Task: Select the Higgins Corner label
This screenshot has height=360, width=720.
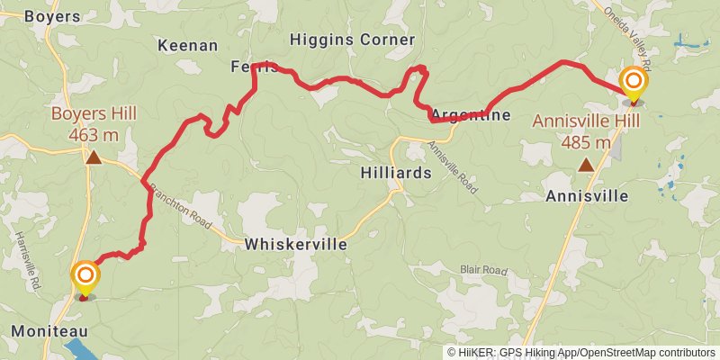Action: coord(353,40)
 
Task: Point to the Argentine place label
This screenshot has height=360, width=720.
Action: coord(471,115)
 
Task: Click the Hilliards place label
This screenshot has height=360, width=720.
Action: coord(395,172)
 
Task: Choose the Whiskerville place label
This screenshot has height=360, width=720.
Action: coord(295,244)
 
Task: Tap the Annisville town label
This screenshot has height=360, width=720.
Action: coord(587,195)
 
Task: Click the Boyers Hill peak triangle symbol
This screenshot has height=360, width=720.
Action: coord(93,158)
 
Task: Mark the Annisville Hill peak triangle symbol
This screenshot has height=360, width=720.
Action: coord(586,165)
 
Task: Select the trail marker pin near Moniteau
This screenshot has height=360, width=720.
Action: coord(85,276)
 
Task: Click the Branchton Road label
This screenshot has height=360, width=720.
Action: coord(183,205)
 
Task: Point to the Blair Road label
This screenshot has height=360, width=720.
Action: coord(484,269)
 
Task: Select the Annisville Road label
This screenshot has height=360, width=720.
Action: coord(454,162)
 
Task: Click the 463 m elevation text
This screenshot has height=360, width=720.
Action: coord(94,135)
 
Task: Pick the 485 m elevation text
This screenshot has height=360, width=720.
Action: coord(586,142)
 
